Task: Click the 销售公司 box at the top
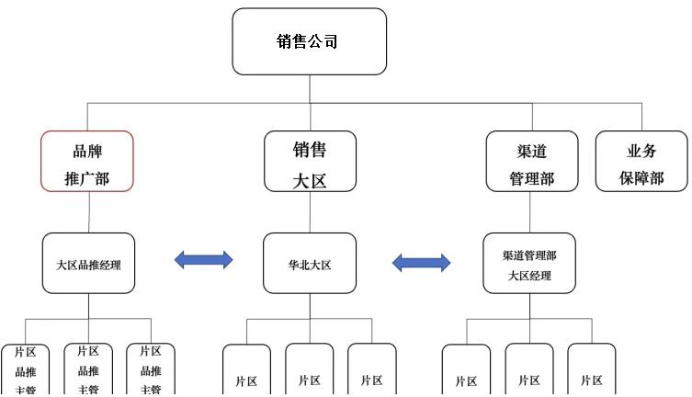tap(309, 41)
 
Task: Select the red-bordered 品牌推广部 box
tap(87, 161)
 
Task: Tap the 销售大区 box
tap(310, 161)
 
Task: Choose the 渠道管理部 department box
tap(532, 161)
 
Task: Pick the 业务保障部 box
tap(641, 161)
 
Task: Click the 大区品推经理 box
tap(88, 264)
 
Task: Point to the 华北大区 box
tap(310, 264)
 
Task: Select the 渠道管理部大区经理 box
tap(529, 264)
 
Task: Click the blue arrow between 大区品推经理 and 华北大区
tap(204, 261)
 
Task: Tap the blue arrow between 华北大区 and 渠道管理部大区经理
tap(421, 263)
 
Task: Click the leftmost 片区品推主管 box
tap(25, 369)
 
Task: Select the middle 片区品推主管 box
tap(88, 369)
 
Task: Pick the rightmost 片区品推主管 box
tap(151, 369)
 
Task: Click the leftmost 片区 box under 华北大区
tap(246, 372)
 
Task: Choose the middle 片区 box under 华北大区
tap(310, 372)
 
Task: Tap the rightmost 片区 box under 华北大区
tap(372, 372)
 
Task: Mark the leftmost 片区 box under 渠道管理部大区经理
tap(466, 372)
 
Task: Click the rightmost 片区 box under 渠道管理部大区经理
tap(592, 372)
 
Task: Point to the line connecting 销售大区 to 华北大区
tap(310, 212)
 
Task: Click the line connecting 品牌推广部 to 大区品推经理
tap(88, 212)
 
